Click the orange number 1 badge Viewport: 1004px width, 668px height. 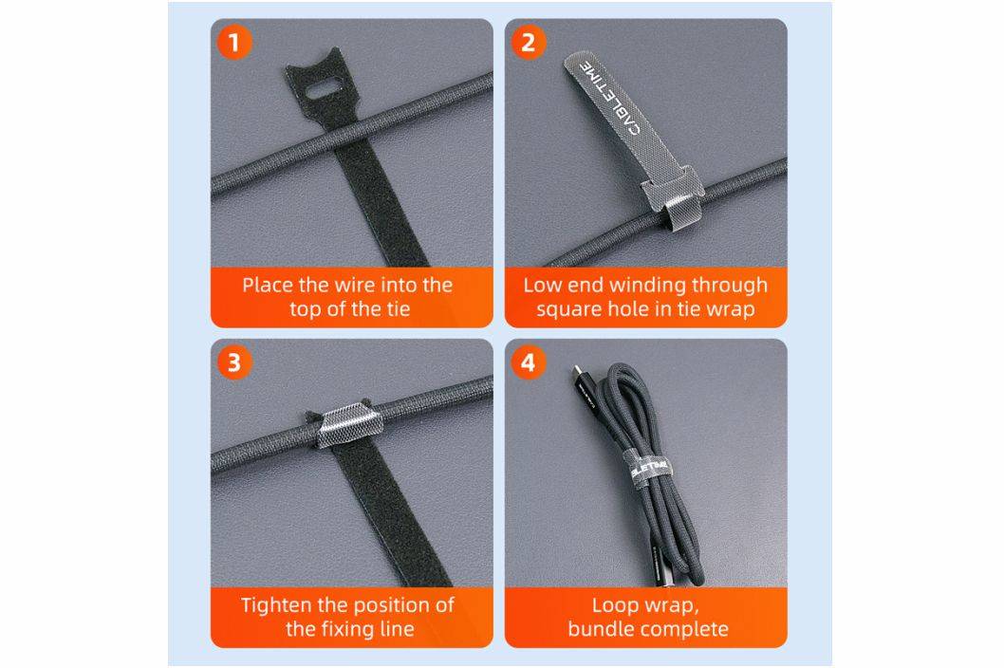[x=233, y=43]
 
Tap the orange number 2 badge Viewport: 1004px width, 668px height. [x=528, y=43]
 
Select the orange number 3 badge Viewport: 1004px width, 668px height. [x=233, y=362]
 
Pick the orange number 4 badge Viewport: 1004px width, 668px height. [x=528, y=362]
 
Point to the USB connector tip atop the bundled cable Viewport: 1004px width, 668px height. [x=578, y=371]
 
